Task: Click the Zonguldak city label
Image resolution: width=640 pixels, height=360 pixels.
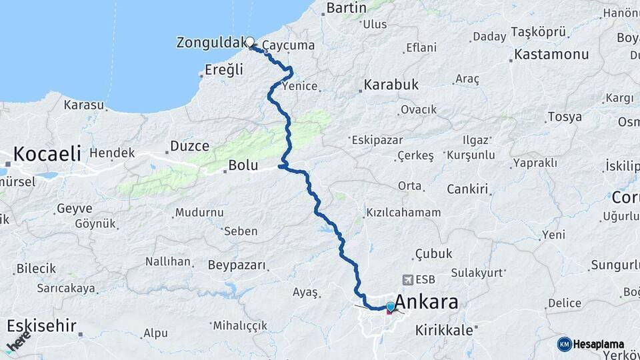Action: pos(209,43)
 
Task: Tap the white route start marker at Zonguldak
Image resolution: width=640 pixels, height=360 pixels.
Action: pos(250,42)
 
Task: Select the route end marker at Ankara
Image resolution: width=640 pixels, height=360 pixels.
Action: pos(390,307)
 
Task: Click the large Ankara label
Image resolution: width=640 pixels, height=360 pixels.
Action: pos(427,303)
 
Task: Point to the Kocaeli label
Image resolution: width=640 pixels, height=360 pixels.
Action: pos(47,154)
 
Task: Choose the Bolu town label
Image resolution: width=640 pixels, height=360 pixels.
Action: pos(243,165)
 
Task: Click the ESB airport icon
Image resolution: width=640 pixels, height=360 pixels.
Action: pos(407,279)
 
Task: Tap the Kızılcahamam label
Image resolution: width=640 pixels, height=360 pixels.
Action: pos(403,213)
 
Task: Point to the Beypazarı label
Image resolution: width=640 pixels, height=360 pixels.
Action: pos(237,265)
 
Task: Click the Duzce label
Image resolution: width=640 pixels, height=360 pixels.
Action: pos(189,146)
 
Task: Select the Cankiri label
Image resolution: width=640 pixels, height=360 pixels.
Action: pos(467,189)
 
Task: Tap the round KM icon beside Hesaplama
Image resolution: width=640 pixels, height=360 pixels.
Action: pos(564,344)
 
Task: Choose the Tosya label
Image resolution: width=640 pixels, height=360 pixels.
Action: pos(564,117)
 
